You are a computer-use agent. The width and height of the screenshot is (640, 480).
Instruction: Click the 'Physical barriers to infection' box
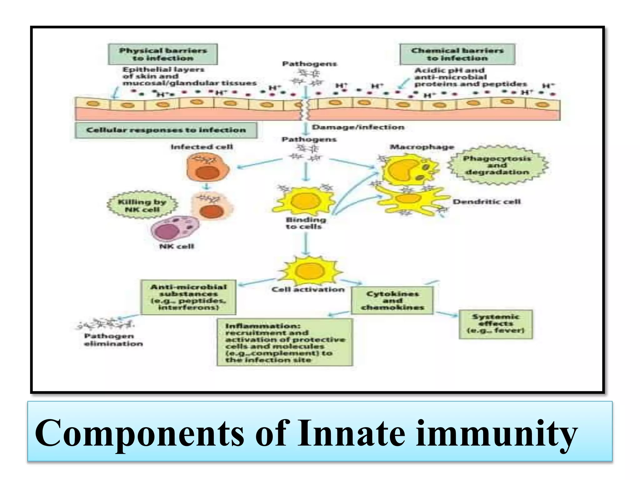(x=162, y=54)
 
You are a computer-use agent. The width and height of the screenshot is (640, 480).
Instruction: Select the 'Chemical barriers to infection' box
(x=457, y=54)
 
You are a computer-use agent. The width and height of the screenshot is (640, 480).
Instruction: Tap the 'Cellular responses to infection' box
(x=166, y=130)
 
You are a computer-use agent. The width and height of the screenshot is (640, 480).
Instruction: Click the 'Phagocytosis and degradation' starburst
(x=497, y=165)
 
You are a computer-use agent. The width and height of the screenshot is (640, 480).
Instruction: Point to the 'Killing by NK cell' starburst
(x=142, y=205)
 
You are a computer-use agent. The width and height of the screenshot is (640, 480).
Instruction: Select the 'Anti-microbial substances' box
(x=188, y=297)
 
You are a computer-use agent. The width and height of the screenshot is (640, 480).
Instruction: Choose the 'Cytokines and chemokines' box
(x=392, y=300)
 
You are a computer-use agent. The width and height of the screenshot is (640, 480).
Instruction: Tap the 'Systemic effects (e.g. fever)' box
(x=495, y=324)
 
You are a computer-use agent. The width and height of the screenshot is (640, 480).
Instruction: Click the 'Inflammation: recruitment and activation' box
(x=285, y=342)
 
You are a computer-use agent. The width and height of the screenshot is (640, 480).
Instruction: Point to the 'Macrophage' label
(x=422, y=147)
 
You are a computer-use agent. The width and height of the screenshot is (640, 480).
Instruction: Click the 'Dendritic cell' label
(x=487, y=202)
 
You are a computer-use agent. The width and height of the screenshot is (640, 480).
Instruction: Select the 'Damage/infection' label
(x=358, y=127)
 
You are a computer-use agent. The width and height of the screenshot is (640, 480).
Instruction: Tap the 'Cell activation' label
(x=308, y=290)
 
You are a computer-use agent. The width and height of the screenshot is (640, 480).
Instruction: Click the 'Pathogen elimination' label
(x=113, y=340)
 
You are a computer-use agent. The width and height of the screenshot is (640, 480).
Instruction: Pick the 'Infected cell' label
(x=202, y=147)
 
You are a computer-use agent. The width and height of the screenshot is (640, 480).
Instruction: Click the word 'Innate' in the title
(x=351, y=434)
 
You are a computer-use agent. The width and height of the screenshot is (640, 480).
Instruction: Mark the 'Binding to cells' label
(x=305, y=223)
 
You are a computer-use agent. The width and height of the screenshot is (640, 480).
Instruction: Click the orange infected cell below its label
(x=207, y=167)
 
